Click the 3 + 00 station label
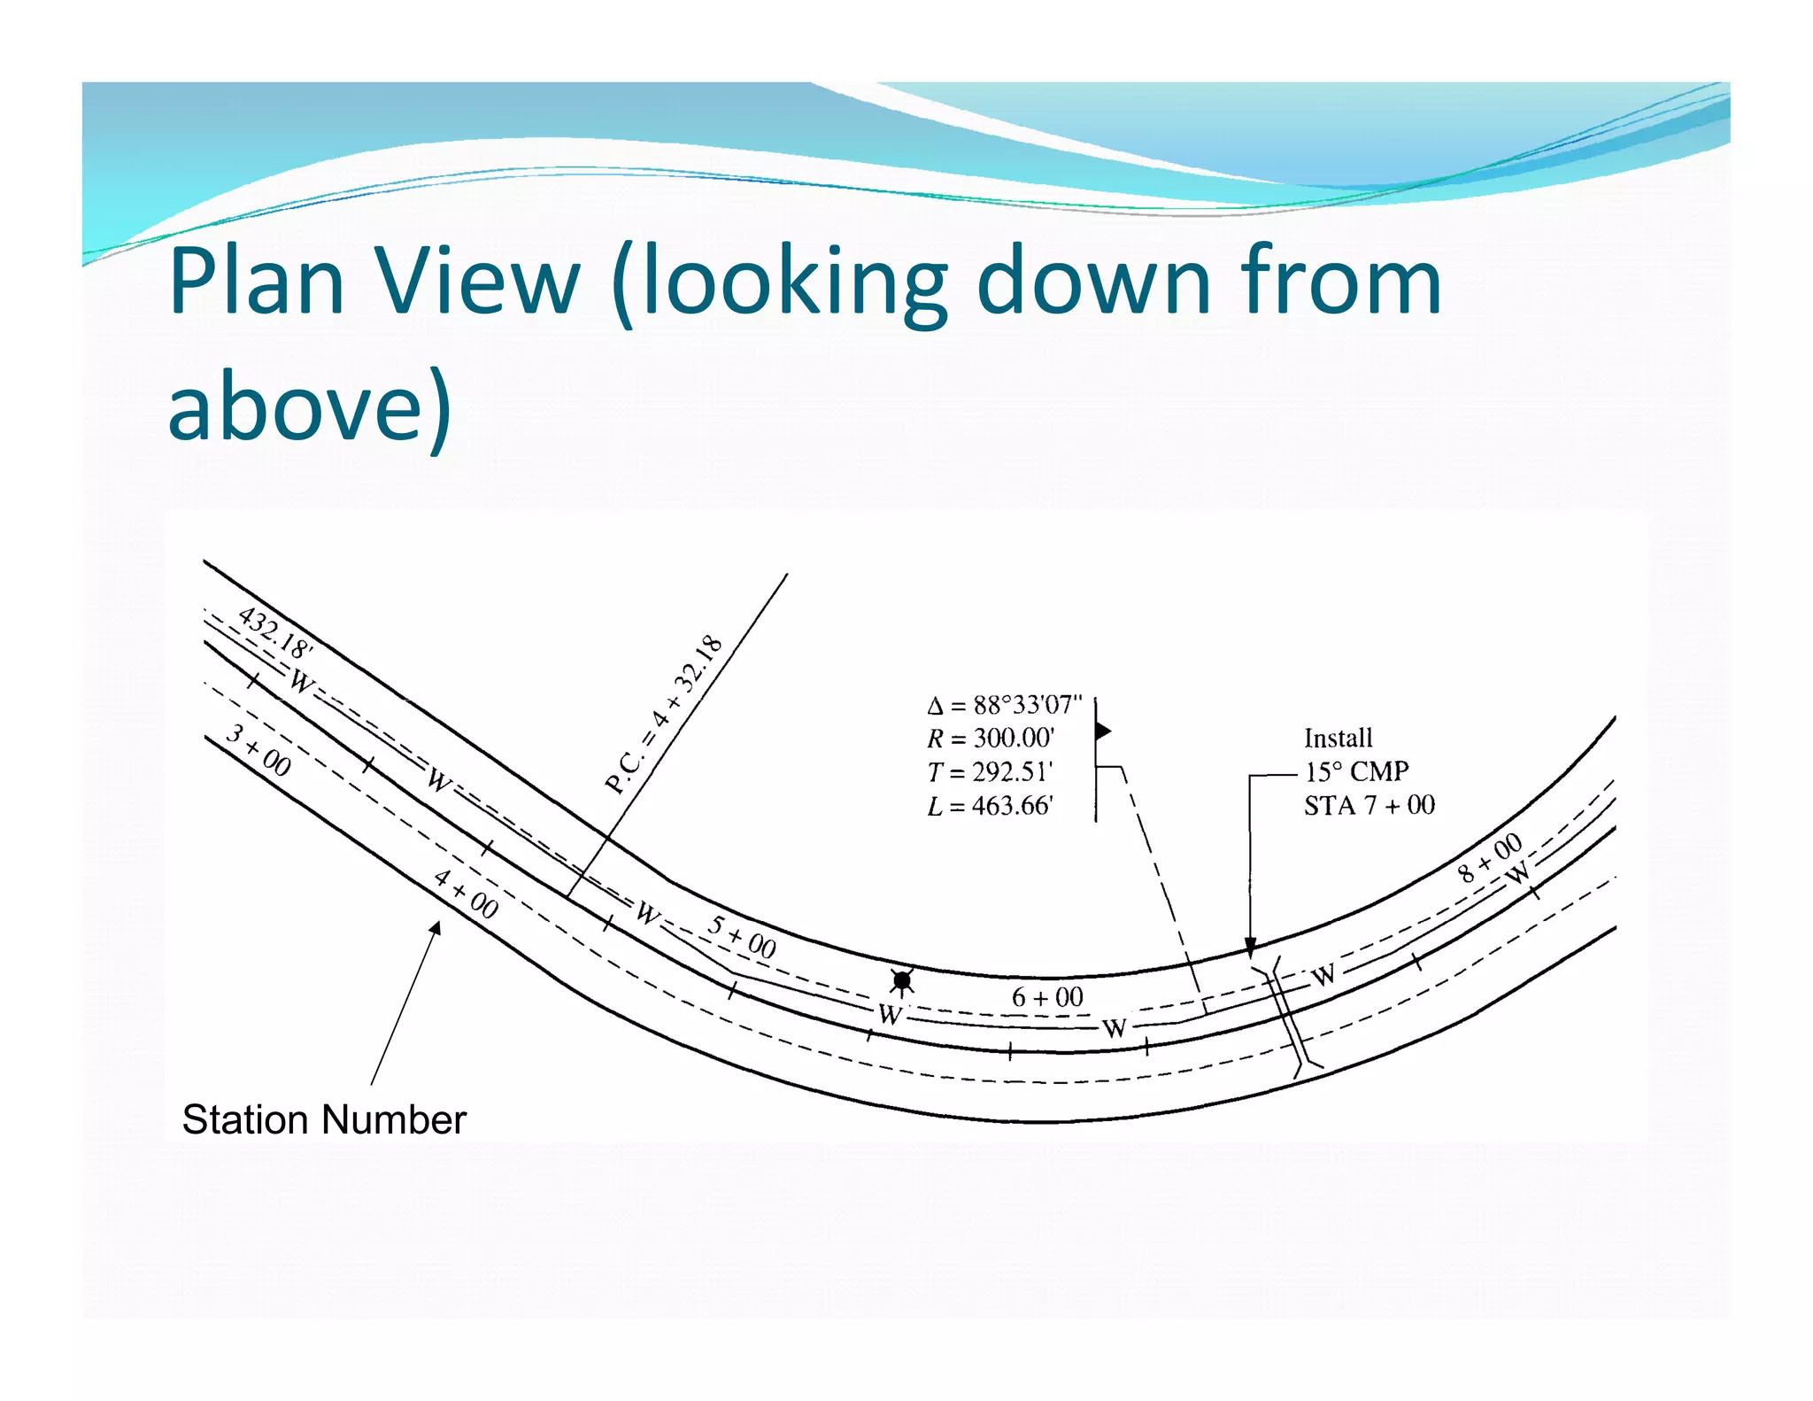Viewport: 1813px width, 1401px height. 258,750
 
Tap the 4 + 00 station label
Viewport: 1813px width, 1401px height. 466,894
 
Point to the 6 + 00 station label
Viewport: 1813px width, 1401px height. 1047,997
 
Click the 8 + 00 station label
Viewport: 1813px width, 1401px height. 1490,857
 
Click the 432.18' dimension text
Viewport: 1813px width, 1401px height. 275,632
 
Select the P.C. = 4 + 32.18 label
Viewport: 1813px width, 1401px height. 664,714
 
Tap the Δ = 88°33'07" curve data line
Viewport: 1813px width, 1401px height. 1005,705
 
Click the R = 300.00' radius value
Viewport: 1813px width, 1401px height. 991,738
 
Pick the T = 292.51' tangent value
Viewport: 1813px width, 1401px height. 990,772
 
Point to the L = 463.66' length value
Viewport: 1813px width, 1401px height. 990,806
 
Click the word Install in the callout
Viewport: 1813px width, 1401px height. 1338,738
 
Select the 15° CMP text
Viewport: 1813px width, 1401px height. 1356,771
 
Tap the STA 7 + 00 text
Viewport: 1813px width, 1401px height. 1369,805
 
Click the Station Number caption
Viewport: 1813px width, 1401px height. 324,1119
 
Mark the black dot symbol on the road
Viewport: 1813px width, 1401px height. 902,980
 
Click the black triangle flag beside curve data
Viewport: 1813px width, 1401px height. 1103,731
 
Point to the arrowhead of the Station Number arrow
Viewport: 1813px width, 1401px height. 436,927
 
